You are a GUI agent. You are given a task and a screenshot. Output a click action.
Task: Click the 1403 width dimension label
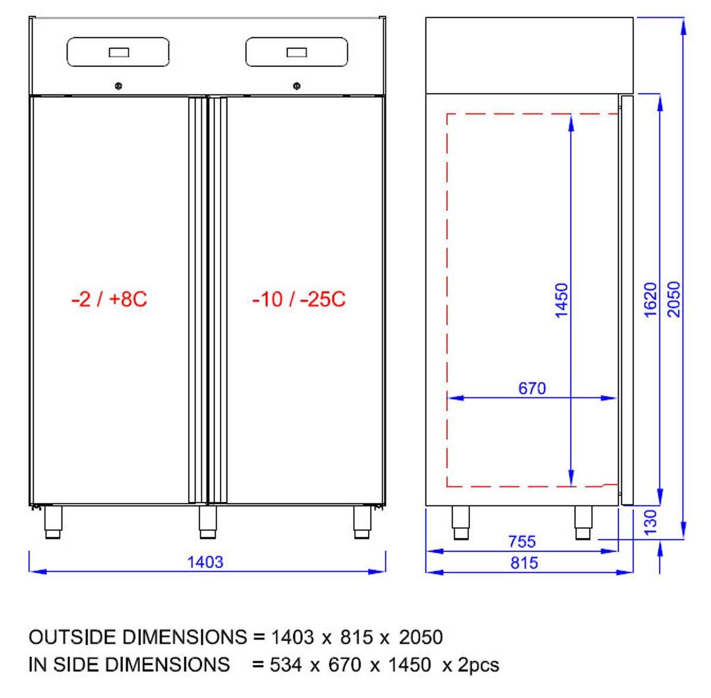point(205,562)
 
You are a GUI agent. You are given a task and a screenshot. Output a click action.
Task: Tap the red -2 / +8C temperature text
point(109,299)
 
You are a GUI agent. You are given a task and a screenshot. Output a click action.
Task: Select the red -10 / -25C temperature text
point(299,299)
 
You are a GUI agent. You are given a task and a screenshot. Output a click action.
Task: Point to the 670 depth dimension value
point(531,388)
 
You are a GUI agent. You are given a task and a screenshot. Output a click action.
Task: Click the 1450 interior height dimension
point(562,300)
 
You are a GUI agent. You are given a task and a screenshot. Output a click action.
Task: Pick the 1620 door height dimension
point(650,299)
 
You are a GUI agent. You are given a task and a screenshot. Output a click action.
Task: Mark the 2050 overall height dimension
point(674,299)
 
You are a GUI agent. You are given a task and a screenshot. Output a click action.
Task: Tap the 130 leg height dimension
point(650,522)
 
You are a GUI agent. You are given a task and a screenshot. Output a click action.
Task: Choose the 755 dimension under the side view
point(522,542)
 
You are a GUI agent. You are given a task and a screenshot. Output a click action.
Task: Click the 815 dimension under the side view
point(524,563)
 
